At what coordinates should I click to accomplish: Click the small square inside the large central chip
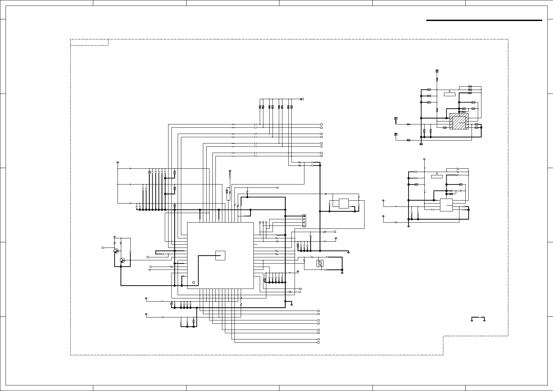tap(220, 255)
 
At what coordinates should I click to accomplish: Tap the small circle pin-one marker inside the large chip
tap(193, 282)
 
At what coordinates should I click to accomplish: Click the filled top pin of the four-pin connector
tap(304, 216)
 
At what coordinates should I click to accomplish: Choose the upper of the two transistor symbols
tap(116, 251)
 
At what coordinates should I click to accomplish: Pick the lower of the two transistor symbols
tap(122, 260)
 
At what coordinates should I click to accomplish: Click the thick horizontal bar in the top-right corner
tap(484, 20)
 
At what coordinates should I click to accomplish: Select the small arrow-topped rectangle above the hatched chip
tap(450, 94)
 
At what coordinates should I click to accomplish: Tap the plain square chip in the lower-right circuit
tap(446, 205)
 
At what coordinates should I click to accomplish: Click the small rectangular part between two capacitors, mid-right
tap(343, 204)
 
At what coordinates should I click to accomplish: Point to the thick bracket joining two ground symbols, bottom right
tap(478, 318)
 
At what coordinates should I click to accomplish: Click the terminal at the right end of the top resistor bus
tap(302, 99)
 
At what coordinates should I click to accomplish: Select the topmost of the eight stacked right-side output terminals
tap(321, 125)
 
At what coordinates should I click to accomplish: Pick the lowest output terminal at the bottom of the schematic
tap(318, 342)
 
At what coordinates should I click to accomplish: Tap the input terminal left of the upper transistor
tap(103, 247)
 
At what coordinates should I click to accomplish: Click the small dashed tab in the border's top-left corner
tap(89, 42)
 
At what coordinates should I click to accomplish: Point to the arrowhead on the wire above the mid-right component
tap(325, 194)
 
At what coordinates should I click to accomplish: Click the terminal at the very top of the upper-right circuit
tap(437, 71)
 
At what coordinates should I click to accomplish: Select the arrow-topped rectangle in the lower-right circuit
tap(437, 176)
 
